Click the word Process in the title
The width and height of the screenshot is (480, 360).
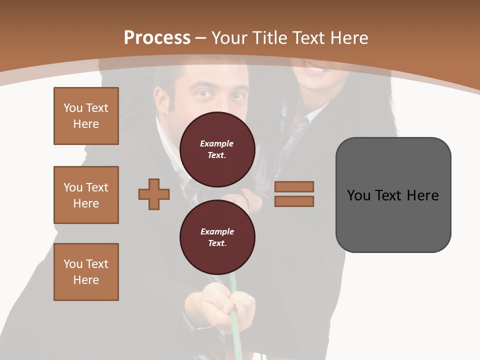point(157,38)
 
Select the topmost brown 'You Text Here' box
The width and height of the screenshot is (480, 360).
point(86,116)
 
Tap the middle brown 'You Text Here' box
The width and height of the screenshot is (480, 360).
point(86,195)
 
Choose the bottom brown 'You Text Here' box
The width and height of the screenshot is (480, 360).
point(86,272)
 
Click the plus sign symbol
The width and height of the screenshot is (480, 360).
point(154,194)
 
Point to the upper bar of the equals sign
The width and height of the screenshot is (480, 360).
point(294,186)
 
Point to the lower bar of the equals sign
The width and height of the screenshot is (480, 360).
point(294,201)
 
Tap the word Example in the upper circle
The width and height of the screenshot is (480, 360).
point(216,143)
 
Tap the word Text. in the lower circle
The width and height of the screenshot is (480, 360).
point(217,243)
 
